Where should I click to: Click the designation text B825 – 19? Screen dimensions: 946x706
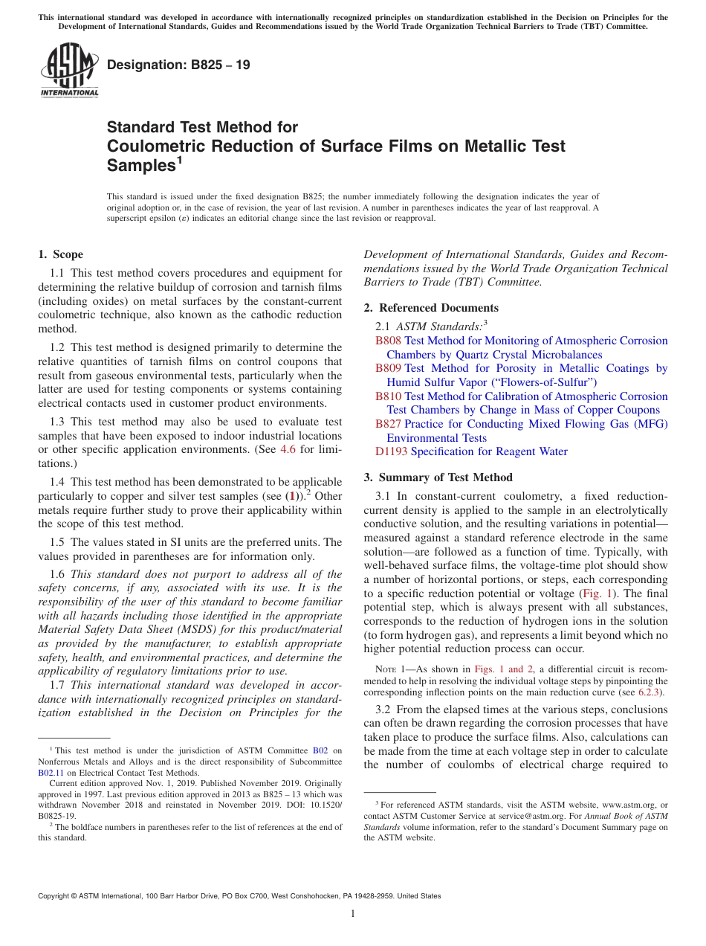pos(178,65)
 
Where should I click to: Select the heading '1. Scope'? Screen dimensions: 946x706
pos(61,254)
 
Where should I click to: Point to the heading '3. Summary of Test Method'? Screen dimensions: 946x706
pos(438,477)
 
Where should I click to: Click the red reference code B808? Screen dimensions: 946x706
pos(388,341)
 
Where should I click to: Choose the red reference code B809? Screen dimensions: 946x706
pos(388,368)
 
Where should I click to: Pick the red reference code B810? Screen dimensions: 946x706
pos(388,396)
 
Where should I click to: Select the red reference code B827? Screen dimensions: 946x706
pos(388,424)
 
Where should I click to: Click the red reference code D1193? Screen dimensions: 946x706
pos(392,451)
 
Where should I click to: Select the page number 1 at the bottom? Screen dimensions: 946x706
pos(353,913)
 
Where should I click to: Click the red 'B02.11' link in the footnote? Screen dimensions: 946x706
pos(50,773)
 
